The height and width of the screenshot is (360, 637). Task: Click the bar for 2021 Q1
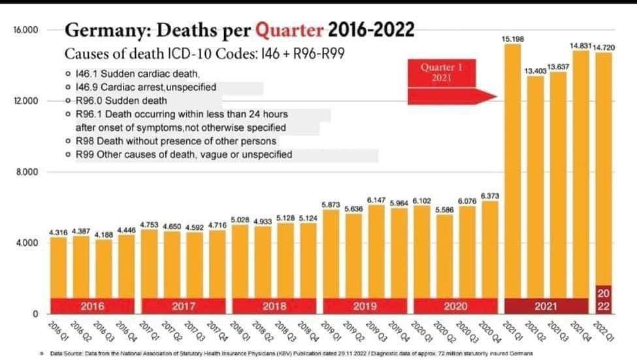click(x=513, y=170)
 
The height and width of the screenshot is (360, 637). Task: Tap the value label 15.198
click(x=512, y=39)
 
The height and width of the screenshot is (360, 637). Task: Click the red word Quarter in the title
click(x=289, y=30)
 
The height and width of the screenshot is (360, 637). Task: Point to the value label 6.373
click(x=490, y=195)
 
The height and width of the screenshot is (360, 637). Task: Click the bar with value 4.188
click(x=104, y=274)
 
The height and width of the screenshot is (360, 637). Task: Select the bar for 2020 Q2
click(x=444, y=261)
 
